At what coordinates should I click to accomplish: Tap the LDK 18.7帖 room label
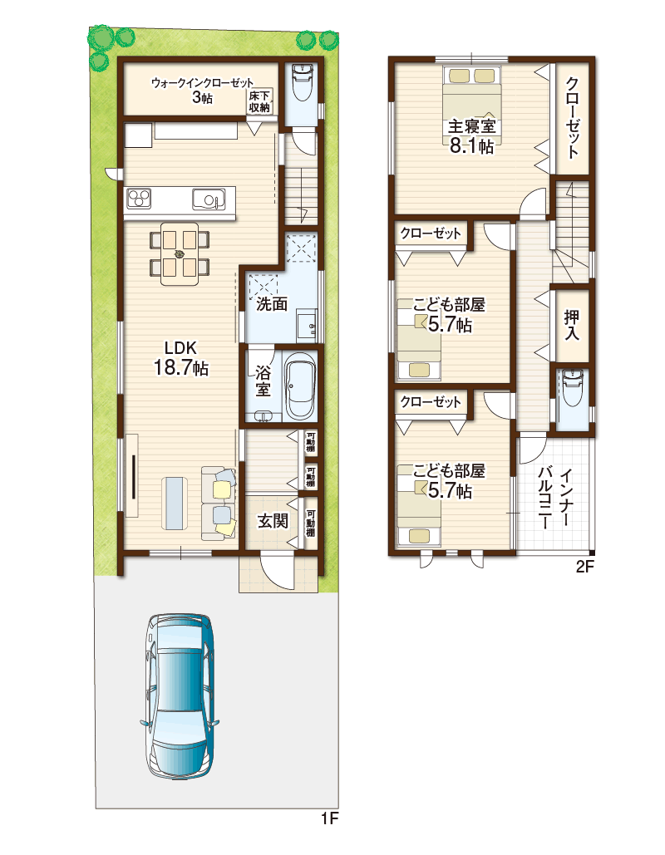(x=180, y=358)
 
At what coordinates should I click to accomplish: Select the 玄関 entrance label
(x=273, y=520)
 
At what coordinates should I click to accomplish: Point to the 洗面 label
(x=272, y=303)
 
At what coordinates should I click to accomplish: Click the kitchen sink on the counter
(x=209, y=199)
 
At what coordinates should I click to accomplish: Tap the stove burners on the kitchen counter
(x=139, y=198)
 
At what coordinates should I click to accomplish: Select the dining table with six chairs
(x=180, y=253)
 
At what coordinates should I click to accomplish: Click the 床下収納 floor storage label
(x=259, y=102)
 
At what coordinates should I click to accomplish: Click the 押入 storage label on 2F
(x=571, y=326)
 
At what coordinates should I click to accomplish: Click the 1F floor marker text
(x=329, y=818)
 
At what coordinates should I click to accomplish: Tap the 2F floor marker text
(x=584, y=567)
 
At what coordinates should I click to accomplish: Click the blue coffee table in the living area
(x=176, y=503)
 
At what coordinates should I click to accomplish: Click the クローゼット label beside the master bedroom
(x=572, y=118)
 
